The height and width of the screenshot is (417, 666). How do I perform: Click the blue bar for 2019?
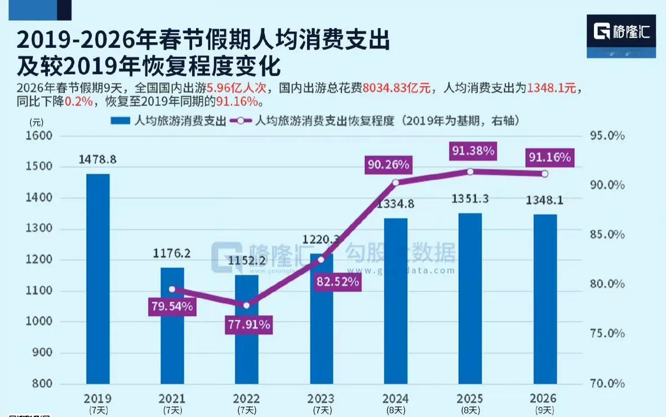tap(98, 278)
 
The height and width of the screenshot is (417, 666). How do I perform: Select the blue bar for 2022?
tap(247, 329)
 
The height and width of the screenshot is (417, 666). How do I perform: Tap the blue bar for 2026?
tap(545, 299)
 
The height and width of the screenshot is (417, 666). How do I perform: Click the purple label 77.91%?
tap(248, 325)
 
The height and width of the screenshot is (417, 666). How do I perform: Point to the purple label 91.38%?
tap(472, 150)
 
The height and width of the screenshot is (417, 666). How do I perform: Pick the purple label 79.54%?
tap(171, 307)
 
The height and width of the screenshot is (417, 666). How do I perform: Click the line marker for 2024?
tap(396, 183)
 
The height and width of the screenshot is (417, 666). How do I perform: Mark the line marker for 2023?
tap(321, 259)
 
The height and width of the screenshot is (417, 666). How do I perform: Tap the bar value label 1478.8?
tap(97, 159)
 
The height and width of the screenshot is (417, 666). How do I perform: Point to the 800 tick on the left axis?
tap(42, 384)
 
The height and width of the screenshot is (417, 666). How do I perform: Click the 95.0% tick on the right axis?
tap(606, 136)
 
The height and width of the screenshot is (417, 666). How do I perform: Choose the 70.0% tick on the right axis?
tap(606, 384)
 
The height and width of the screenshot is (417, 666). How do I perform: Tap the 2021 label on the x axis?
tap(172, 398)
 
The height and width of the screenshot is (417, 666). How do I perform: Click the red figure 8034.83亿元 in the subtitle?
tap(397, 88)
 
